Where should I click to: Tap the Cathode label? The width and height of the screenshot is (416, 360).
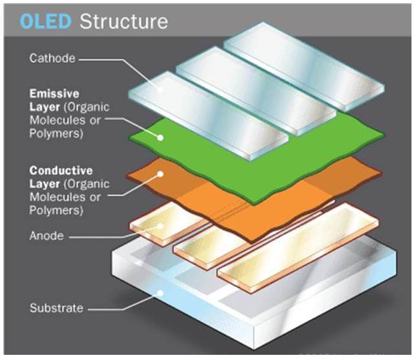pyautogui.click(x=52, y=58)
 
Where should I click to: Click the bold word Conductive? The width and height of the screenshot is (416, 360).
pyautogui.click(x=59, y=171)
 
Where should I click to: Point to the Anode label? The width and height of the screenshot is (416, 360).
pyautogui.click(x=47, y=236)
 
